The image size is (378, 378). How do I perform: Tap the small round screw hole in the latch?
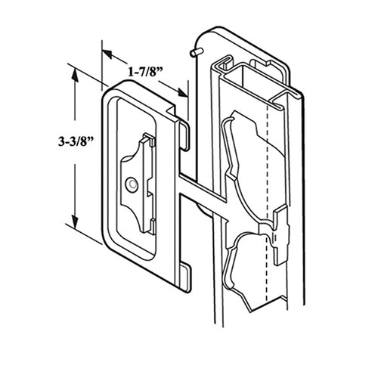132,183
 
